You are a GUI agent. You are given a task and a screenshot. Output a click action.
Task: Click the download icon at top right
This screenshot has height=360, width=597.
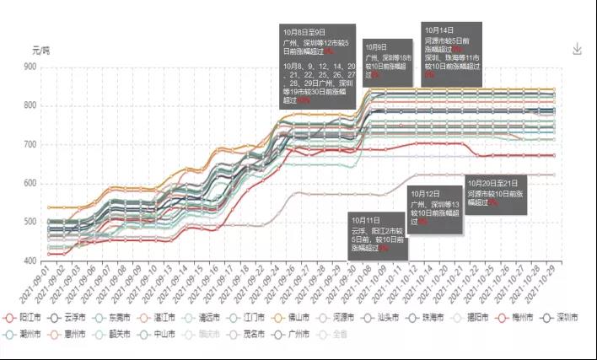pos(578,49)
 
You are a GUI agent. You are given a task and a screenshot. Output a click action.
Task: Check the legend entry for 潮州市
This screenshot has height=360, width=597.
pos(24,334)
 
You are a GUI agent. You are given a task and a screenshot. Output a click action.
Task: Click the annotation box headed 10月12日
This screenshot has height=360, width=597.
pos(435,210)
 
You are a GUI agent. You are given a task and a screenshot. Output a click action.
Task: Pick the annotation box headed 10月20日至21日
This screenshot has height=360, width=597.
pos(498,193)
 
